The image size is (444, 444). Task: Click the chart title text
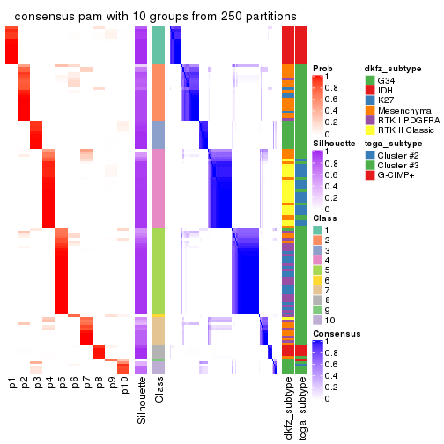(155, 18)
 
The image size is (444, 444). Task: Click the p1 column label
(11, 383)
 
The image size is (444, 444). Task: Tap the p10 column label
(124, 387)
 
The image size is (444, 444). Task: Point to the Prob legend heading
(323, 68)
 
